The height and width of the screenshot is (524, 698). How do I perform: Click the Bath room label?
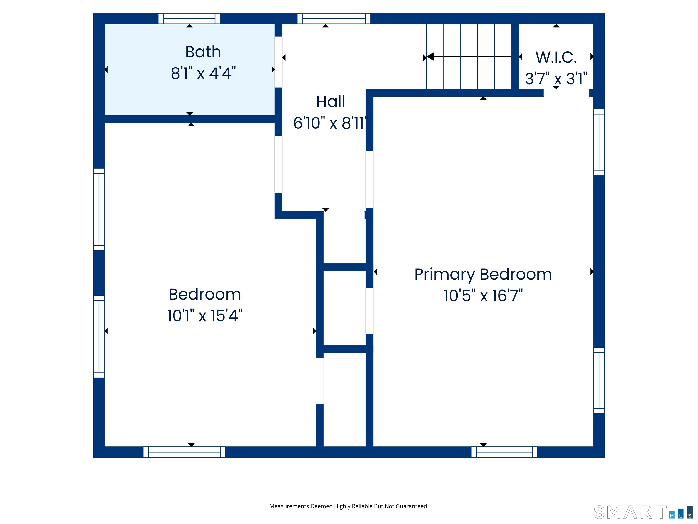tap(203, 52)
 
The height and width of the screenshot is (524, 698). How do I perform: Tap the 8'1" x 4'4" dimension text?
tap(203, 73)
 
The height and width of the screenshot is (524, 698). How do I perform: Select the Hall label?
tap(330, 102)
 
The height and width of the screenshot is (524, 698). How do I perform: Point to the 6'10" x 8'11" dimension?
tap(331, 123)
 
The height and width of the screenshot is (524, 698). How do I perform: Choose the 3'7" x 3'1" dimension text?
tap(556, 79)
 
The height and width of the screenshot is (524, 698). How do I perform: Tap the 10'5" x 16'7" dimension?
tap(483, 296)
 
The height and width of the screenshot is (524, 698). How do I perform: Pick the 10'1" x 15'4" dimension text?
tap(205, 315)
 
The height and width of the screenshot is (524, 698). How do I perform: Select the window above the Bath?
tap(189, 19)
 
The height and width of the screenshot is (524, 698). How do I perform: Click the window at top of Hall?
tap(334, 19)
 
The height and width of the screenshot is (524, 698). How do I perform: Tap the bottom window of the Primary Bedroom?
tap(504, 452)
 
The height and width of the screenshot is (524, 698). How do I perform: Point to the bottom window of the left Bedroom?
tap(184, 452)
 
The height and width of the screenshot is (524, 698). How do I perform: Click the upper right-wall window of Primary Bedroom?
tap(599, 142)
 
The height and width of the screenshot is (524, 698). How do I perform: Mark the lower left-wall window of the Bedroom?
tap(99, 337)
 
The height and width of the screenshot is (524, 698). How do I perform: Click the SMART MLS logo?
tap(643, 512)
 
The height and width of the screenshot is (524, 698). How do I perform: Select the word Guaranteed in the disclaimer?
tap(412, 506)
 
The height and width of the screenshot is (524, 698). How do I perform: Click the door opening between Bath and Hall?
tap(278, 62)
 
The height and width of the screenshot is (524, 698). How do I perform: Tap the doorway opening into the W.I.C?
tap(566, 93)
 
